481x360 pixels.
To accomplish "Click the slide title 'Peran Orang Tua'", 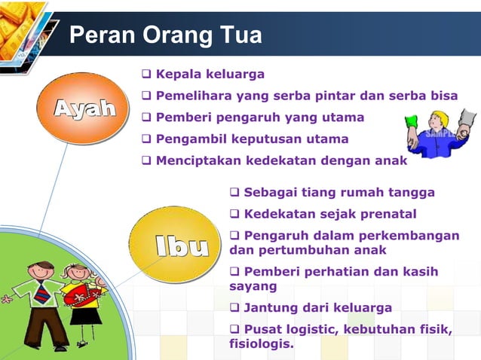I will (166, 35).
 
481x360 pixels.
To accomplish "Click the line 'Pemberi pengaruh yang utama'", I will (259, 117).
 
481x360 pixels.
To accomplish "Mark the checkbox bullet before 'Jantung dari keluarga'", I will (235, 307).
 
